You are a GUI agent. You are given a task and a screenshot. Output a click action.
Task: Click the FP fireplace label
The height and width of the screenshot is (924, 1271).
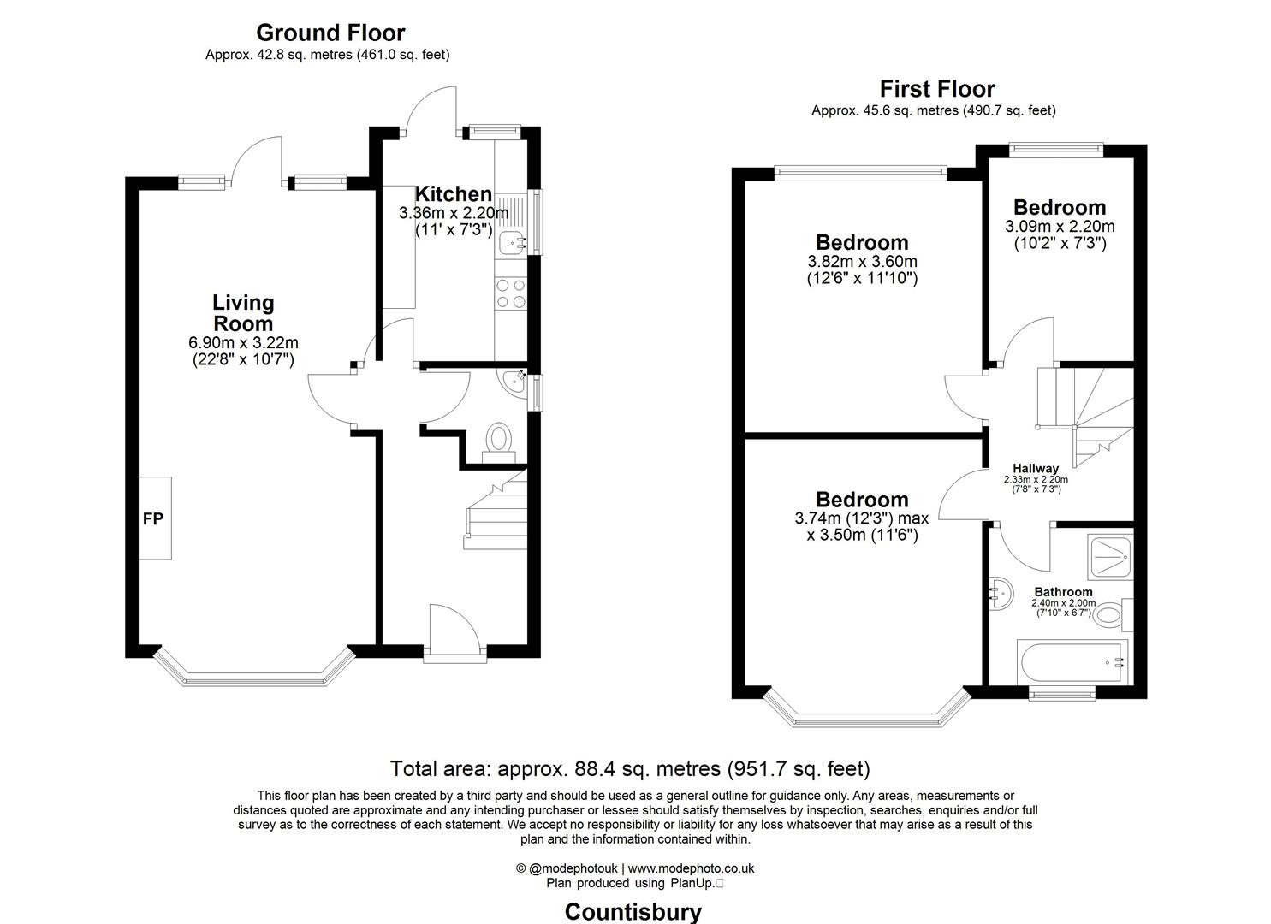coord(152,518)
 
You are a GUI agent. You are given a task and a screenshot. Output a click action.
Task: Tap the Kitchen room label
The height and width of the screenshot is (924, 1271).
coord(453,194)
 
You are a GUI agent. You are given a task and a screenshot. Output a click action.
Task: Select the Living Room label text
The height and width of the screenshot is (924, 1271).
coord(243,313)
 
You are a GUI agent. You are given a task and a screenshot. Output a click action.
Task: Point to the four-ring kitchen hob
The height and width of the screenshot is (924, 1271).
coord(511,293)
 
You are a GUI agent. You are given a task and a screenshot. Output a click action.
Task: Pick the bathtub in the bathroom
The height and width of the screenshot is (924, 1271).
coord(1072,662)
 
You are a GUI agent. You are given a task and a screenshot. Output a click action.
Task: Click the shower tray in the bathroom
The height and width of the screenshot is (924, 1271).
coord(1110,556)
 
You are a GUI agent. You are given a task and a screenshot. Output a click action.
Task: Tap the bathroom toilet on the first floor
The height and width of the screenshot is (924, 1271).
coord(1112,613)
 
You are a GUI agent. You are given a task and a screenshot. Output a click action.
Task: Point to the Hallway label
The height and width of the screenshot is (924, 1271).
coord(1036,468)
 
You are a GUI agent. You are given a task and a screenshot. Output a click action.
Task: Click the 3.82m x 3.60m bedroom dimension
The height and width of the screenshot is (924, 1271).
coord(862,261)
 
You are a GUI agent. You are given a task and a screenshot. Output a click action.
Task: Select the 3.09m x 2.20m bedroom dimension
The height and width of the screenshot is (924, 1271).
coord(1060,226)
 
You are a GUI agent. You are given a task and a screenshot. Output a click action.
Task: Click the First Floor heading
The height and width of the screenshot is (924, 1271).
coord(937,89)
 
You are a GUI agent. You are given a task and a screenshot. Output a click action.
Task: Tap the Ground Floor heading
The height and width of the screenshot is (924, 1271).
coord(330,33)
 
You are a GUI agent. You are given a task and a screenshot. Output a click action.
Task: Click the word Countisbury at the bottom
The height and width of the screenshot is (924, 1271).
coord(633,912)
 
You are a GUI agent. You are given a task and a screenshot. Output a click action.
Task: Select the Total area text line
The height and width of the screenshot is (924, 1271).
coord(630,768)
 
